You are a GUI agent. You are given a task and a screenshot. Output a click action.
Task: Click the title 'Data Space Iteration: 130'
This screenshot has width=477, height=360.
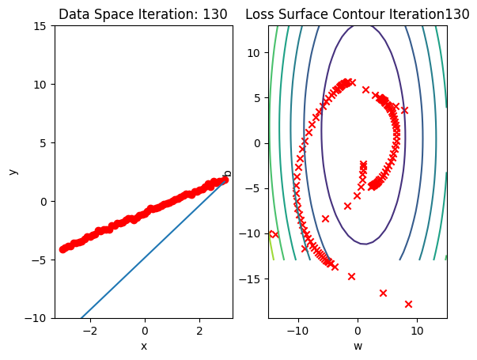click(143, 14)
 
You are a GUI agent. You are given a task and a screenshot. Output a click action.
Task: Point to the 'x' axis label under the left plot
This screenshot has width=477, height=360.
click(143, 346)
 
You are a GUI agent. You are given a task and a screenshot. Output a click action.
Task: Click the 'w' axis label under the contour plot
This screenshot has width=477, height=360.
click(357, 346)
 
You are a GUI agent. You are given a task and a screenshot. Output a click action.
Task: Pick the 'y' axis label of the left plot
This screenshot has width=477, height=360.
click(12, 171)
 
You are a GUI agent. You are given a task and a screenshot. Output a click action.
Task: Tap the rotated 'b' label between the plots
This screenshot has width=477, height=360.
click(228, 172)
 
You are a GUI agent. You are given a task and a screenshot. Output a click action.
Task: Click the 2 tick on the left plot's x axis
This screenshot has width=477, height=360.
click(199, 331)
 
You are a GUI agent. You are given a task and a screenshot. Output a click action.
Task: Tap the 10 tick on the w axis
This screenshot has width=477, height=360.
click(417, 331)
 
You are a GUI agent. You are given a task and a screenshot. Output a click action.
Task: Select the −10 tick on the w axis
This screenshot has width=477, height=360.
click(297, 331)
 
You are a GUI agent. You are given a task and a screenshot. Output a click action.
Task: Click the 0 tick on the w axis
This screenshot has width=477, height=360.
click(358, 331)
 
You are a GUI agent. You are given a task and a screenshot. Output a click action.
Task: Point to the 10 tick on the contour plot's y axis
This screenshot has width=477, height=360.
click(256, 52)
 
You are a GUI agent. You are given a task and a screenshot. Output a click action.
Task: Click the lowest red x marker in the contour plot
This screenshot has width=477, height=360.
click(408, 304)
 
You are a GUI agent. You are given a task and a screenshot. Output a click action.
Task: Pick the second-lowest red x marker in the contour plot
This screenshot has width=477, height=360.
click(383, 293)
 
